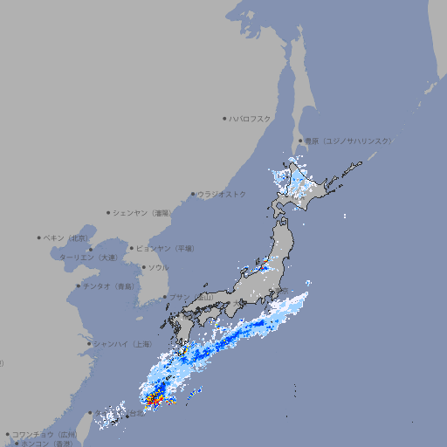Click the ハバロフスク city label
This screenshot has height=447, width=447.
[x=251, y=118]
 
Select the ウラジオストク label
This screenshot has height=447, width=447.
[x=222, y=194]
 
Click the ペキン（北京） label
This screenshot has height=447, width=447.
[x=68, y=237]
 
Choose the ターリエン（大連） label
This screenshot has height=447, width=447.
[x=87, y=258]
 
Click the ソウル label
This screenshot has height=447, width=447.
[x=158, y=267]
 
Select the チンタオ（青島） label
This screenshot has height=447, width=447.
[x=109, y=285]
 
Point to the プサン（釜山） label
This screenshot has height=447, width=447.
[x=192, y=298]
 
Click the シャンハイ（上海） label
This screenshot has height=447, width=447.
[x=122, y=343]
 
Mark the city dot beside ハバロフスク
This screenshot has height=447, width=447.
[x=224, y=118]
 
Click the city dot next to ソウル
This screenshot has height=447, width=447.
[x=141, y=267]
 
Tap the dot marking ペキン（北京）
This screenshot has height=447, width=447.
[x=39, y=237]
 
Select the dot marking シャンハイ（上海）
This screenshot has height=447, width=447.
[x=89, y=343]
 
